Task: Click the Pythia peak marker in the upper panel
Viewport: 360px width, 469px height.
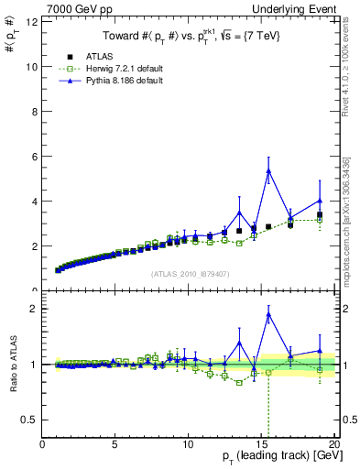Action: (x=268, y=170)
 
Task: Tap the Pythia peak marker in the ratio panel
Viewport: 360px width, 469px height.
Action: (x=268, y=314)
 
